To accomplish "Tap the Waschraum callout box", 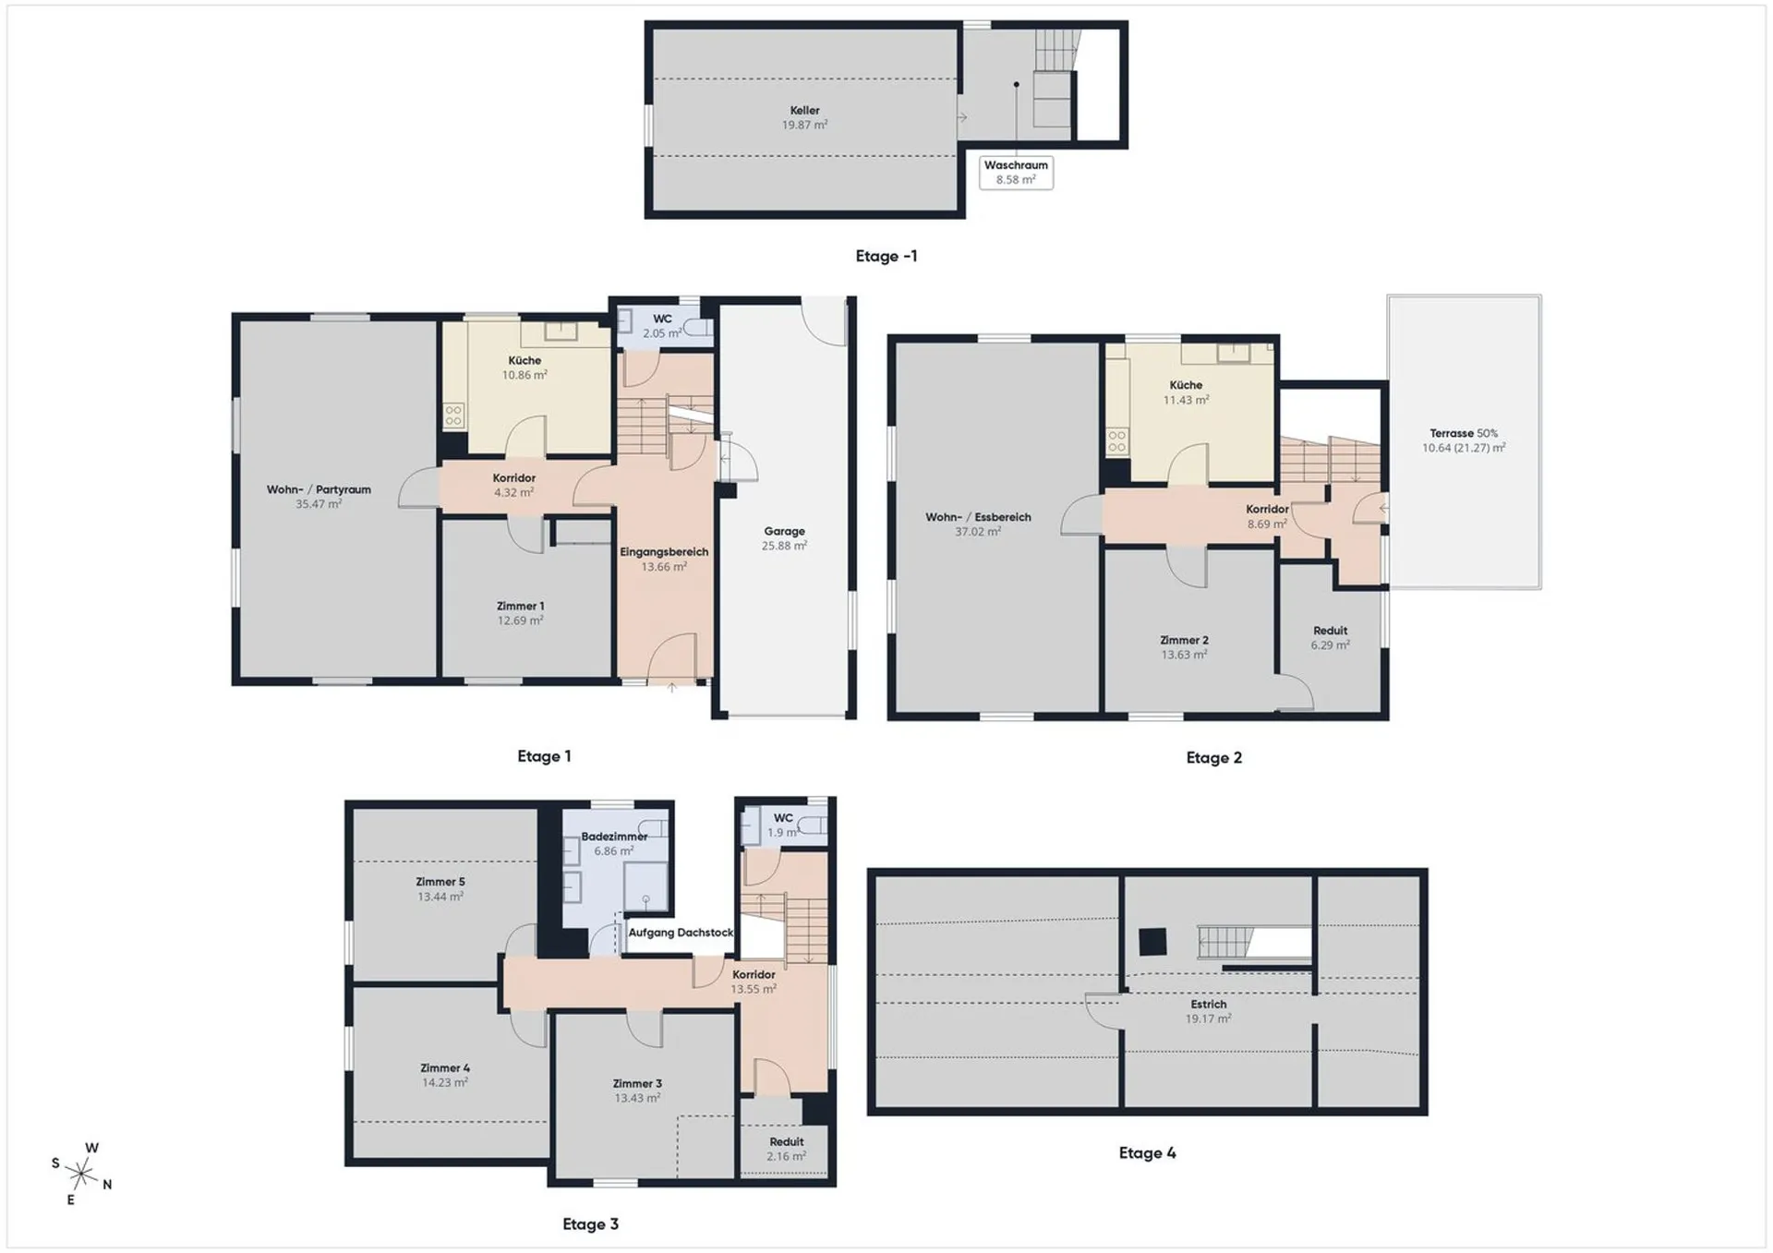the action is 1016,173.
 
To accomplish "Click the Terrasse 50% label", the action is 1464,433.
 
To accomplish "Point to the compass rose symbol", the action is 81,1175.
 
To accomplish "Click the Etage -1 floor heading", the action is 886,256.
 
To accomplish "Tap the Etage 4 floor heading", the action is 1147,1152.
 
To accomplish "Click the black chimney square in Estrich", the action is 1152,942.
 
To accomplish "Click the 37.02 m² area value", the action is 978,532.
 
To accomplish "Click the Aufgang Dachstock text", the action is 681,933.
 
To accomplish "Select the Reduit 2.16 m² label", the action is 786,1149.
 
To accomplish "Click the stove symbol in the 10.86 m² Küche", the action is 453,416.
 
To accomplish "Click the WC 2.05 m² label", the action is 662,326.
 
